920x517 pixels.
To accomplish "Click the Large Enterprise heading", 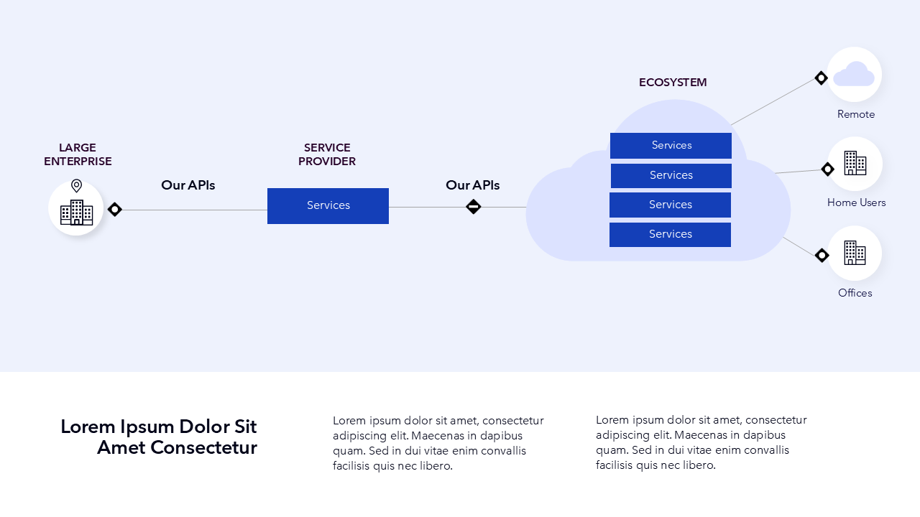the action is click(x=78, y=154).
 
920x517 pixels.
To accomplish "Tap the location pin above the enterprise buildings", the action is click(x=76, y=186).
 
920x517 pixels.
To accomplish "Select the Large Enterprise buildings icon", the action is click(x=76, y=213).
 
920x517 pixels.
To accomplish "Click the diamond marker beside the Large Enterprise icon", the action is click(x=114, y=209).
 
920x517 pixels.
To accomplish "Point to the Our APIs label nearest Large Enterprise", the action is click(x=188, y=185).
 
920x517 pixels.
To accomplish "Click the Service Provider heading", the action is click(x=327, y=154).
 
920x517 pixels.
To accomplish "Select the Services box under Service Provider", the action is click(x=328, y=206).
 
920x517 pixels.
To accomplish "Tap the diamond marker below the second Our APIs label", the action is click(x=473, y=206).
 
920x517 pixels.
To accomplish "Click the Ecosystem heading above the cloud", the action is click(x=673, y=83).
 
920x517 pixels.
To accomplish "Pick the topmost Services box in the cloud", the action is click(x=671, y=146).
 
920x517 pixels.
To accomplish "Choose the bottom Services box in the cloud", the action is click(x=671, y=235).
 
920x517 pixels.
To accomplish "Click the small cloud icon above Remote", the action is click(x=855, y=74).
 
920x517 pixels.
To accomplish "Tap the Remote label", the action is click(x=856, y=114).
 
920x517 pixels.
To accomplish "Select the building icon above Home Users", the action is click(x=855, y=163).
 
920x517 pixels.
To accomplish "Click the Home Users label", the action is click(x=856, y=202).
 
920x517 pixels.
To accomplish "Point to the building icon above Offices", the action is click(x=855, y=253).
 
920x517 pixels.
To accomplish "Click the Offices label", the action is click(x=855, y=293).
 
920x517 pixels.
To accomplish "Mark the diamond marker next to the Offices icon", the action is click(x=822, y=255).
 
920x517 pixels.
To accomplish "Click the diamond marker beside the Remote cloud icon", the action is click(x=821, y=78).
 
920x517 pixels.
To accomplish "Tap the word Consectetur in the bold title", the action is click(x=203, y=447).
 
